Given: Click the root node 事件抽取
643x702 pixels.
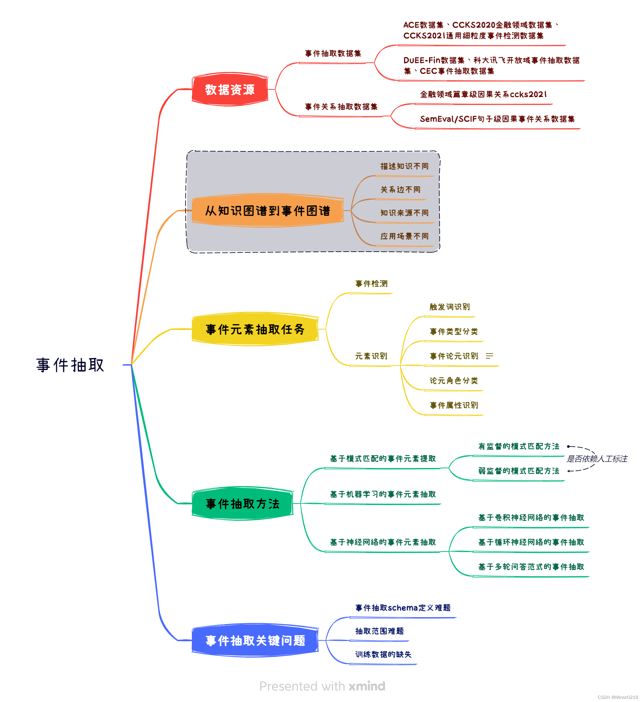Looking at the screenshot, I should [x=70, y=365].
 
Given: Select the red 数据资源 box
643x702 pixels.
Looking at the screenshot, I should [x=230, y=90].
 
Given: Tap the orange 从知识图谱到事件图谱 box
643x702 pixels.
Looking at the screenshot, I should [x=267, y=211].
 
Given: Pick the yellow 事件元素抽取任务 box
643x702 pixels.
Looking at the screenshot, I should [x=255, y=329].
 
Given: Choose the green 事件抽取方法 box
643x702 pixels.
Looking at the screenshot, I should [x=242, y=504].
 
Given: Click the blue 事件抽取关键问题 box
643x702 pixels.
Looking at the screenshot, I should [x=255, y=641].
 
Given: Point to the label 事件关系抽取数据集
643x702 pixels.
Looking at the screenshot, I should [x=341, y=107].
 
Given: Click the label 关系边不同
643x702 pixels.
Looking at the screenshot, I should [x=400, y=190].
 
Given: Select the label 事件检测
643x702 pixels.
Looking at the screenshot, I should [x=371, y=284].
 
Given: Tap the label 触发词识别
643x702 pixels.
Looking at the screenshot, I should [x=449, y=307].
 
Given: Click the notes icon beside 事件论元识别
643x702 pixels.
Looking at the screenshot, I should [x=489, y=356].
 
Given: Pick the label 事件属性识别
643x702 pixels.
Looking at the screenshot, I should [x=453, y=405].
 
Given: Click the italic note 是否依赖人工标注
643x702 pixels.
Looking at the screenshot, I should [x=597, y=459].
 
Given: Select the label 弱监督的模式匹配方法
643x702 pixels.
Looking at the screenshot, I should [x=518, y=471].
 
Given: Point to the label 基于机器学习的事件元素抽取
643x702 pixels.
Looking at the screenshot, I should [x=383, y=494].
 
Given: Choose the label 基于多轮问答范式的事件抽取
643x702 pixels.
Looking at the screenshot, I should [x=531, y=566].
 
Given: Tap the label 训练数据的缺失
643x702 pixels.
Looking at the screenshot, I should [x=383, y=654].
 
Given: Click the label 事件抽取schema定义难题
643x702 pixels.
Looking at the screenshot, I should [x=403, y=608].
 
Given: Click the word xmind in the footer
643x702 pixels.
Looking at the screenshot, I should [x=367, y=686].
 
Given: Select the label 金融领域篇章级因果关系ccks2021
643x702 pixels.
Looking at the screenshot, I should [x=483, y=94].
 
